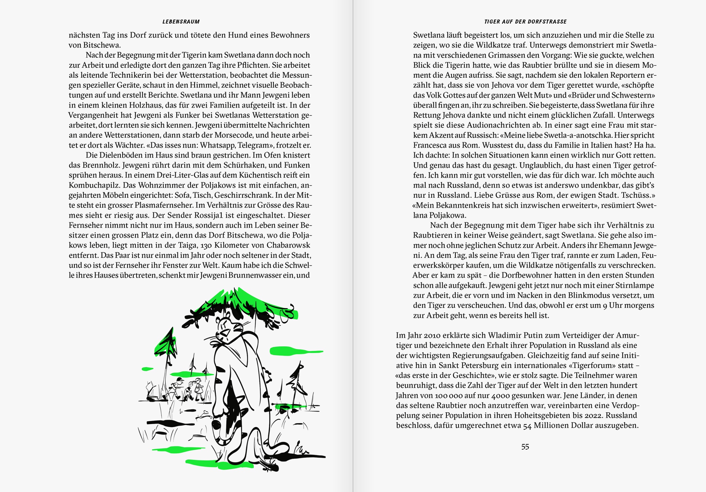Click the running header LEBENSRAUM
181,22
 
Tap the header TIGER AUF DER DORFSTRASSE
525,22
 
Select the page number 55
525,447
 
